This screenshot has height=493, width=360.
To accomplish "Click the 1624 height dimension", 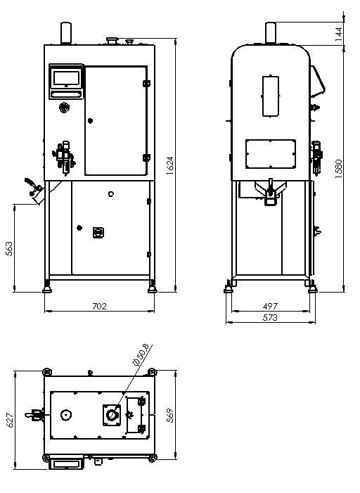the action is click(169, 166).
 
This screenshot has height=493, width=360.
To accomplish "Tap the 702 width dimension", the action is click(99, 306).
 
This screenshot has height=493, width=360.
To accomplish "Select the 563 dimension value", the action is click(9, 248).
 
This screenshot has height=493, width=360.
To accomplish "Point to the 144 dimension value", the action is click(338, 34).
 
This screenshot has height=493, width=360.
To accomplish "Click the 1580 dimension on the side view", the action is click(338, 169).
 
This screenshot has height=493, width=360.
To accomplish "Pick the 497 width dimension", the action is click(270, 306).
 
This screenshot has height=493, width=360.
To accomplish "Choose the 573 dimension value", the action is click(270, 318).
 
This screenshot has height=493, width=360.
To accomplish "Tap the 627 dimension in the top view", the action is click(10, 420).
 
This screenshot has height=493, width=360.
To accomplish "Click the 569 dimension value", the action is click(169, 416).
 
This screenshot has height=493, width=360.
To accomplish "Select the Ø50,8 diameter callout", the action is click(141, 354).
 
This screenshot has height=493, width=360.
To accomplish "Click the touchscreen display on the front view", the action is click(66, 77).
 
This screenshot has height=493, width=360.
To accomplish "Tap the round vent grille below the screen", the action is click(64, 108).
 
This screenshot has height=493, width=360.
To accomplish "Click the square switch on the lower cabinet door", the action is click(98, 233).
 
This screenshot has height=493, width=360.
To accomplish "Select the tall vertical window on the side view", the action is click(271, 96).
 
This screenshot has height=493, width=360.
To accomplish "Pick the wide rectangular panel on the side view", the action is click(271, 154).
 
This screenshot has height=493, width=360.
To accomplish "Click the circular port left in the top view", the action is click(65, 415).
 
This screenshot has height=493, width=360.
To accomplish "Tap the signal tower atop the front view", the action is click(66, 33).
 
